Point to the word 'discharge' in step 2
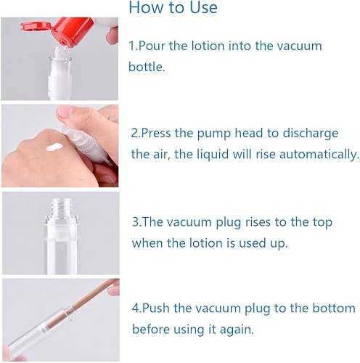320,134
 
